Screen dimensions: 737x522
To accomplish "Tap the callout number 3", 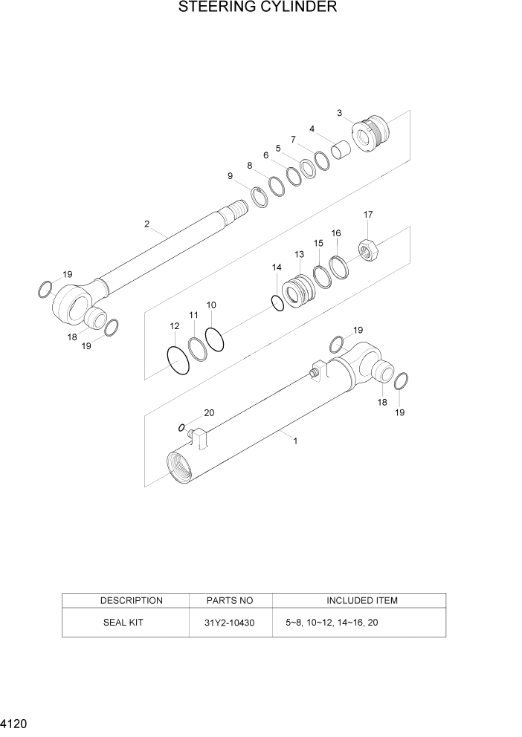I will coord(340,113).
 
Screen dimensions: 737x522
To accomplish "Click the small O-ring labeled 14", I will coord(277,303).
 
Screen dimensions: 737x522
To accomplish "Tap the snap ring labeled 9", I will coord(260,198).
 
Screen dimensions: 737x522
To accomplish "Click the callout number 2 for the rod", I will coord(147,224).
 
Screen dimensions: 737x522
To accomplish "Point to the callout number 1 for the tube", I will coord(295,441).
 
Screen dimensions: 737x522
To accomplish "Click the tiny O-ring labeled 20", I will coord(181,428).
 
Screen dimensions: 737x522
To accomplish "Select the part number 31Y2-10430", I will coord(231,623).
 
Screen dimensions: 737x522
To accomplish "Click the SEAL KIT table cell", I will coord(123,623).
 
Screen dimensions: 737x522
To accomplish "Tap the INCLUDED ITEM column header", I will coord(361,600).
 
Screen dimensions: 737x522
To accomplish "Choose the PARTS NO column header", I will coord(231,600).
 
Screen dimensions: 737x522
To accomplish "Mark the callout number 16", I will coord(336,233).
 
